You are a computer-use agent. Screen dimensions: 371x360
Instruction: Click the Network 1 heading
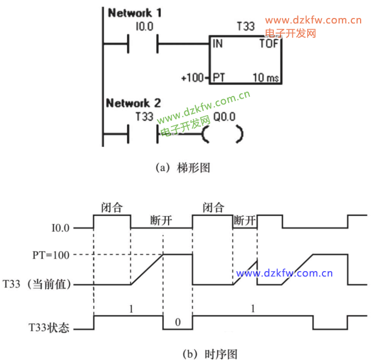click(x=135, y=13)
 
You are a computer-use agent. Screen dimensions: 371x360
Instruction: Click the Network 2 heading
click(x=134, y=103)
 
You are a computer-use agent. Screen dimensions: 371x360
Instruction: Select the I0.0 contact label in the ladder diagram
click(x=145, y=26)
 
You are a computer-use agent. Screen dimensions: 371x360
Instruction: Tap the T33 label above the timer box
click(x=246, y=26)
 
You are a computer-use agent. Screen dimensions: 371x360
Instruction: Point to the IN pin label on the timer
click(x=218, y=44)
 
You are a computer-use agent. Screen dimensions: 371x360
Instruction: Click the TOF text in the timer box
click(x=269, y=44)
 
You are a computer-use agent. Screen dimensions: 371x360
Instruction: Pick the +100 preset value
click(x=193, y=77)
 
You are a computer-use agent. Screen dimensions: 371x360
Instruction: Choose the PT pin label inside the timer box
click(x=219, y=77)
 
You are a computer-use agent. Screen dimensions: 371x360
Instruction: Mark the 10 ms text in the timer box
click(x=266, y=77)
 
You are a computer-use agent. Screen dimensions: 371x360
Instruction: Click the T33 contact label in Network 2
click(x=145, y=116)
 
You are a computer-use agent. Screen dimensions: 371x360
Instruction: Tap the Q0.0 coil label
click(x=224, y=117)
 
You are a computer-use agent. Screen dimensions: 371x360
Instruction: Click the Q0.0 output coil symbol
click(x=223, y=134)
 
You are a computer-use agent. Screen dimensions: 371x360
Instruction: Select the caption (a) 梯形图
click(x=183, y=168)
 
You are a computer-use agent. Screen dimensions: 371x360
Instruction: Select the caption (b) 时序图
click(x=210, y=354)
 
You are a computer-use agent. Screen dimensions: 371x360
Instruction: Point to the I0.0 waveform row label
click(x=61, y=228)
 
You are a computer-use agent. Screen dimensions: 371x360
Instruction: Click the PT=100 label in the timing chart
click(x=51, y=255)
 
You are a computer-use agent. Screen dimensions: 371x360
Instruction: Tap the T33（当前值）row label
click(x=37, y=284)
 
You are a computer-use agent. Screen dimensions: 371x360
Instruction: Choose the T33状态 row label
click(x=49, y=328)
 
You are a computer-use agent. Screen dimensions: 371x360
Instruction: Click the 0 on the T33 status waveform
click(x=178, y=322)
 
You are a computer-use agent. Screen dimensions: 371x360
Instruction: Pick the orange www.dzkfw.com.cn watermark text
click(x=313, y=20)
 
